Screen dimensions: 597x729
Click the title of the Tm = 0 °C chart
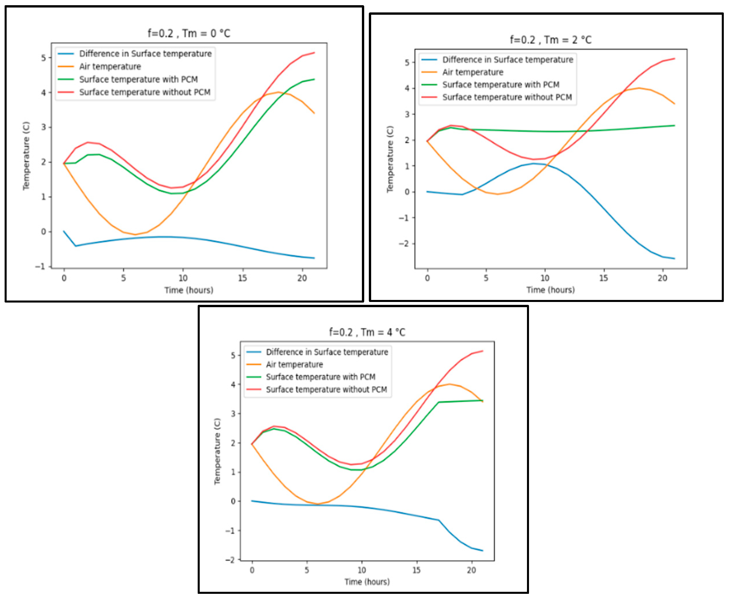coord(189,33)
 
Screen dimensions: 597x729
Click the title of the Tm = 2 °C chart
coord(551,40)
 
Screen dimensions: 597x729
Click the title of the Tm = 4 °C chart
coord(367,332)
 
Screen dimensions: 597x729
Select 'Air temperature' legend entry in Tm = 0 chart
coord(110,66)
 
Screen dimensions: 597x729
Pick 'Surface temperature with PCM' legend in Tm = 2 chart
coord(500,85)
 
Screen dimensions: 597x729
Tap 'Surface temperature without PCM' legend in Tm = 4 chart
coord(326,389)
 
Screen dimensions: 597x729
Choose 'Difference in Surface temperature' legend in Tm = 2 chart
coord(507,59)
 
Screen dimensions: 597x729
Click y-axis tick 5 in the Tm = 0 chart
coord(44,58)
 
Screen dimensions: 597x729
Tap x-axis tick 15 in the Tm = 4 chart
coord(416,570)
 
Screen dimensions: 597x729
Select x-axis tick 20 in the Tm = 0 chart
coord(302,278)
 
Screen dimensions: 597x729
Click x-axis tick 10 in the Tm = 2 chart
coord(545,278)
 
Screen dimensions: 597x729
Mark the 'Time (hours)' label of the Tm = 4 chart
coord(367,582)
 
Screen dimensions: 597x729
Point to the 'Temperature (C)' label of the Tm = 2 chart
coord(390,159)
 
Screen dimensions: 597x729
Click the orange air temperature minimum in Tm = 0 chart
coord(135,234)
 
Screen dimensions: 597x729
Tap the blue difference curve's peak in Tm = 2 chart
coord(534,164)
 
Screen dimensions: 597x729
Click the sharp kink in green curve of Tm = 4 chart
coord(439,402)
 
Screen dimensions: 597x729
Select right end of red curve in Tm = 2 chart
coord(674,59)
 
